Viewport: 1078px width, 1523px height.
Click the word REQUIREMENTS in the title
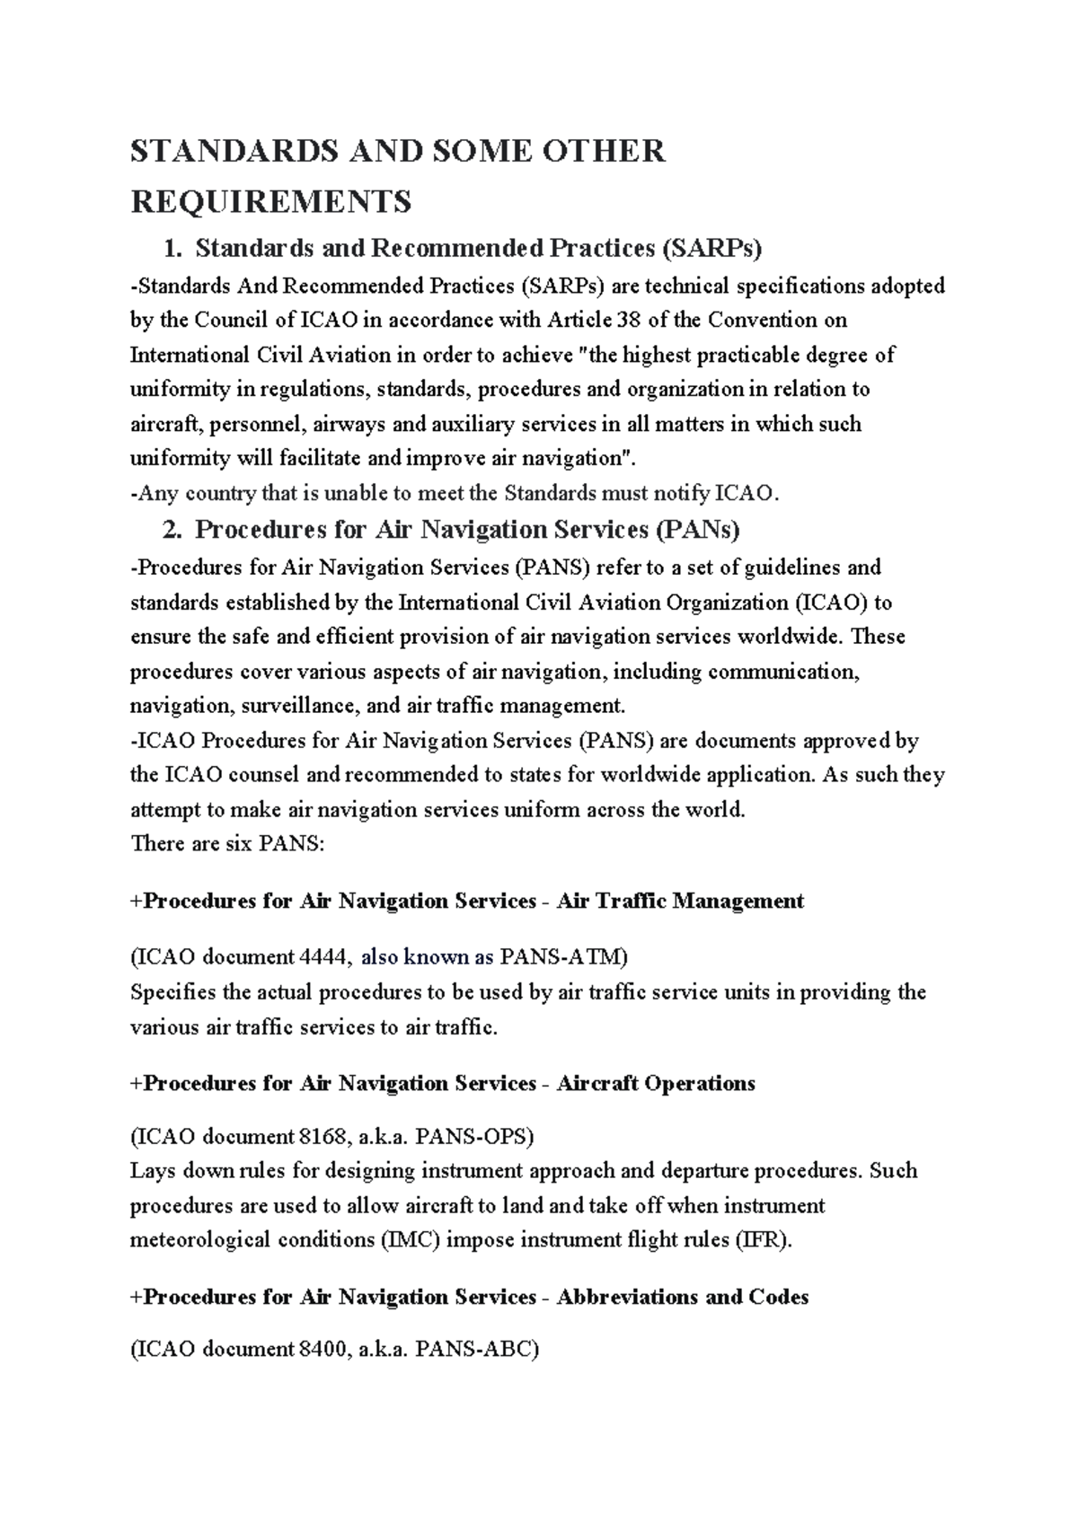270,201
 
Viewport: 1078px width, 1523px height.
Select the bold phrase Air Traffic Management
680,901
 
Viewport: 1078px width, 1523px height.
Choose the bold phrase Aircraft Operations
656,1084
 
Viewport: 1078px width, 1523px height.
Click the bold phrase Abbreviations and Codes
683,1298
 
